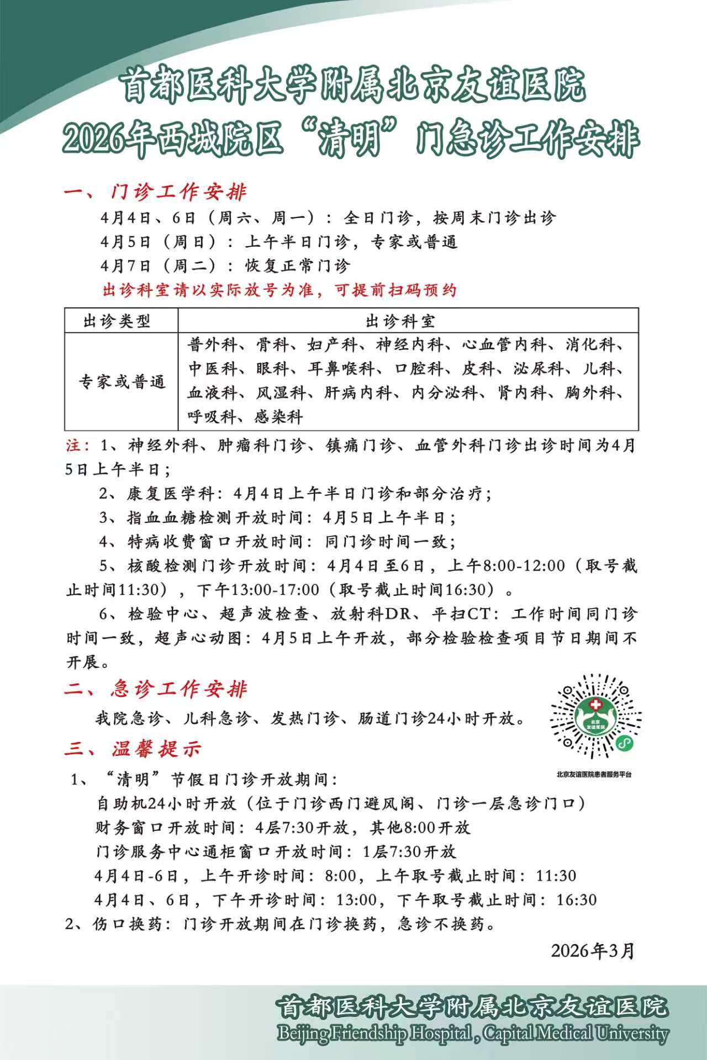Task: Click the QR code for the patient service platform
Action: [595, 717]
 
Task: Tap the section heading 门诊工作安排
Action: [178, 192]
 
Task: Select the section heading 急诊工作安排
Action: [178, 689]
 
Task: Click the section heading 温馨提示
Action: [156, 749]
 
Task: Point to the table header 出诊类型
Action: [117, 321]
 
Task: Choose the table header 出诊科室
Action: [400, 321]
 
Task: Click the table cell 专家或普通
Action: [122, 381]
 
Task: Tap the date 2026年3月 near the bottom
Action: [593, 951]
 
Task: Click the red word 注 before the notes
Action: [73, 445]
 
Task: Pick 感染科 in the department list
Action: [278, 416]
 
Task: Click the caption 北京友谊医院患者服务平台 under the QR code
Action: [594, 775]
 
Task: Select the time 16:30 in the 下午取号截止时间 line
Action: [576, 900]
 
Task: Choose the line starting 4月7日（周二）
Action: [225, 265]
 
